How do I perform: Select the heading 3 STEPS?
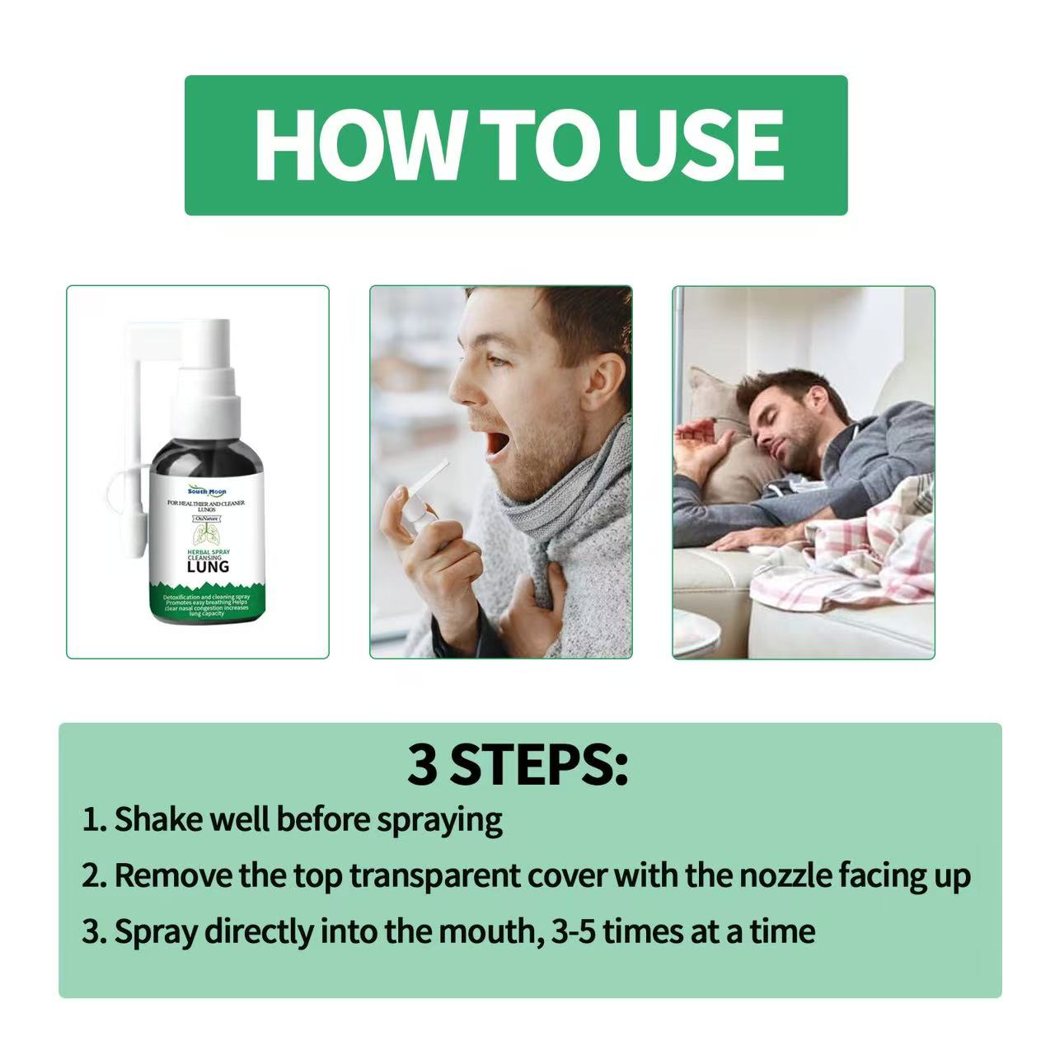[x=518, y=765]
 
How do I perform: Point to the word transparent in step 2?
[x=434, y=875]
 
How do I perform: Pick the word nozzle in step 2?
[x=784, y=875]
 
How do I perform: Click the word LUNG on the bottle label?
[x=209, y=566]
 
